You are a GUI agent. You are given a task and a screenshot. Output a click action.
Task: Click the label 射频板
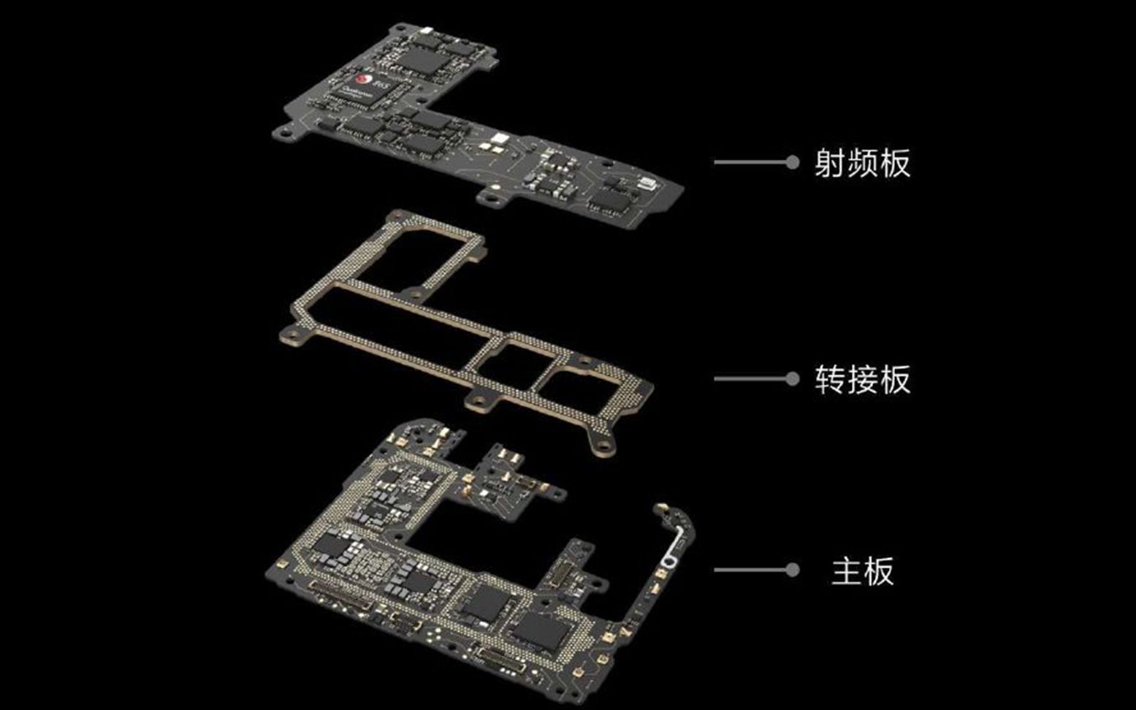pyautogui.click(x=862, y=163)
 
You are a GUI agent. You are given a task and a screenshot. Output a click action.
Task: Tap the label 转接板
pyautogui.click(x=862, y=379)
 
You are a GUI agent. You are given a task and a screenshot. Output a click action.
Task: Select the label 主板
pyautogui.click(x=862, y=570)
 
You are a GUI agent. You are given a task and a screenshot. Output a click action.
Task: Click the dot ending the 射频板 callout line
pyautogui.click(x=792, y=162)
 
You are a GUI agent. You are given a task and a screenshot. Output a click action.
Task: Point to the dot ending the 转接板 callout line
pyautogui.click(x=792, y=378)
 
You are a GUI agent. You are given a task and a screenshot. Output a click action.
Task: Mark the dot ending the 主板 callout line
pyautogui.click(x=792, y=570)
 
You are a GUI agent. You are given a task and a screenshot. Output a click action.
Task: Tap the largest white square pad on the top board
pyautogui.click(x=500, y=139)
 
